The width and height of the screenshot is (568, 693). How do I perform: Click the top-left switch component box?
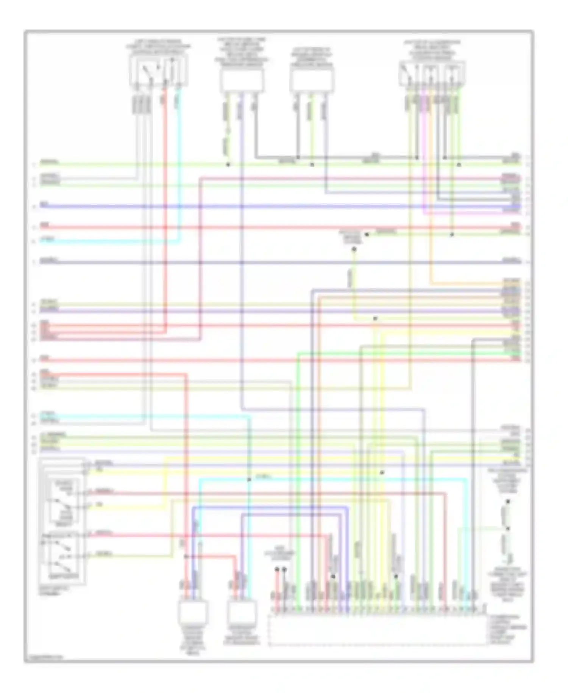tap(158, 71)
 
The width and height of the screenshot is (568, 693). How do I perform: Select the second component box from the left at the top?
tap(242, 81)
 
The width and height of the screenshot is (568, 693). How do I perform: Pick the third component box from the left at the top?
tap(312, 81)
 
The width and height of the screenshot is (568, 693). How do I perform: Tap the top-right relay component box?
tap(432, 73)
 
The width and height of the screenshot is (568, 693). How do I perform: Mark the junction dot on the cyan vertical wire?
tap(249, 480)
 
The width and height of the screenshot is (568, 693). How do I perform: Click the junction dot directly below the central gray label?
tap(354, 249)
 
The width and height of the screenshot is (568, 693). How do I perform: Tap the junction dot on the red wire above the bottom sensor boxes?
tap(186, 557)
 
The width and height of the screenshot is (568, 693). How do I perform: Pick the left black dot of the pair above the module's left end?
tap(277, 569)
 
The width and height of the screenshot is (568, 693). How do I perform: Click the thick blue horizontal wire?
tap(280, 207)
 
